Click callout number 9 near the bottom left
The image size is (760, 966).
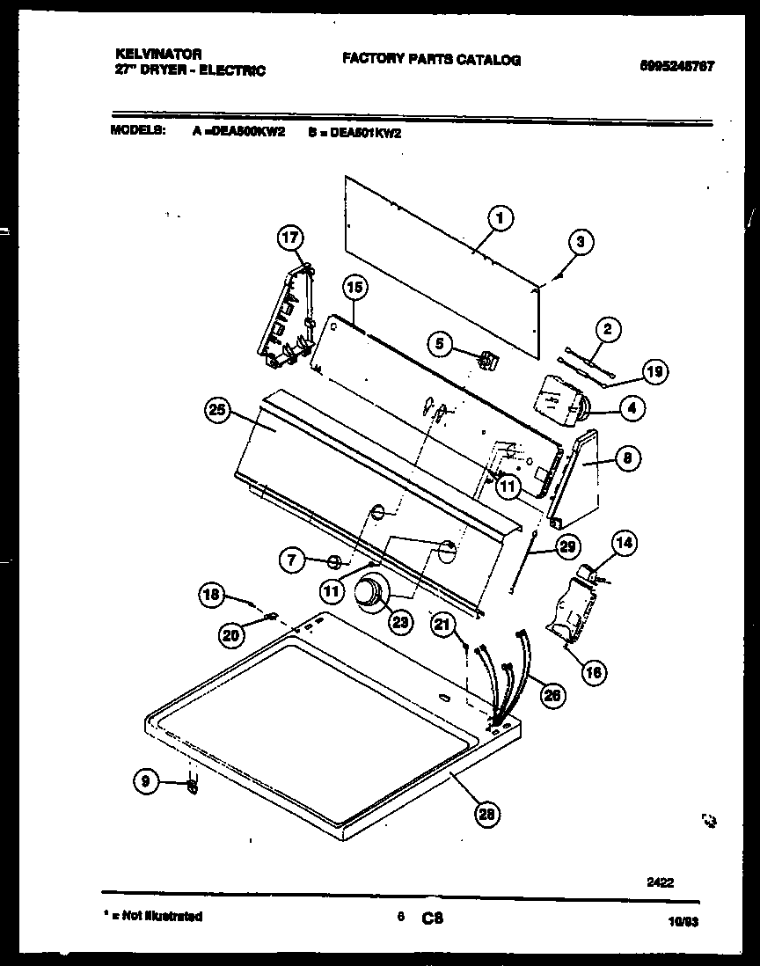click(x=146, y=779)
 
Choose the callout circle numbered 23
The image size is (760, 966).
click(x=401, y=621)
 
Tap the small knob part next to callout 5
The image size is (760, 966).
click(x=485, y=359)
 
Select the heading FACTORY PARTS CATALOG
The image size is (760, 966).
click(x=431, y=60)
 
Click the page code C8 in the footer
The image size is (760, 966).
click(x=431, y=918)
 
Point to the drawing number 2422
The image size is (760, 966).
click(x=660, y=883)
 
